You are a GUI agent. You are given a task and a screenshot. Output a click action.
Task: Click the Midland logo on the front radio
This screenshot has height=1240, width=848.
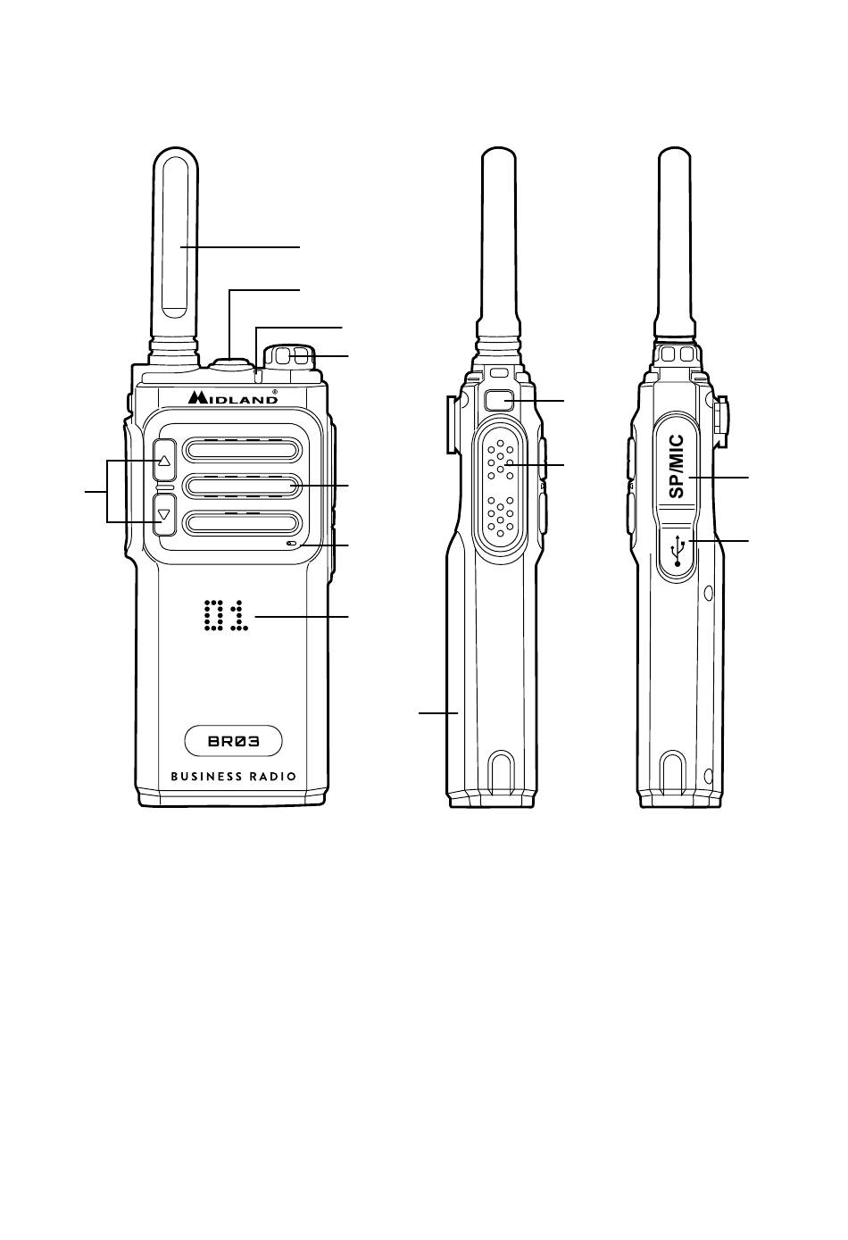[x=232, y=397]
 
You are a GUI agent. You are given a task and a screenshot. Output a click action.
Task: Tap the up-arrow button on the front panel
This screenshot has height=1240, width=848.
[x=164, y=460]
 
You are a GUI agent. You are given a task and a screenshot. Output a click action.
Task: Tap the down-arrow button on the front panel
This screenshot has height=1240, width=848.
[x=164, y=514]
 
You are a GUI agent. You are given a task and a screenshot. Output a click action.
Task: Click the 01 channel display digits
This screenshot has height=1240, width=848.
[x=226, y=616]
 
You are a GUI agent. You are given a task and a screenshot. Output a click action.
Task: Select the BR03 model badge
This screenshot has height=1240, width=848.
[x=233, y=741]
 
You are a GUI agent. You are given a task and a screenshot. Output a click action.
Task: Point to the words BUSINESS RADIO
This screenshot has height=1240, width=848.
[x=233, y=777]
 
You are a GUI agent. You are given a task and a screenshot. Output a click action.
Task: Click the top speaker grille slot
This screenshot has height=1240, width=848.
[x=243, y=449]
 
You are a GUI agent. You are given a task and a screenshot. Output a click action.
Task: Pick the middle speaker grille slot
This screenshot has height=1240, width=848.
[x=243, y=486]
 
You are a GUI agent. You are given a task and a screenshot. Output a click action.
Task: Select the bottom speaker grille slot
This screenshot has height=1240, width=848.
[x=243, y=522]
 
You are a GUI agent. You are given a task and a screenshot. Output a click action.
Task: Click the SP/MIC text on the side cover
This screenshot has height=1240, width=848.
[x=677, y=466]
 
